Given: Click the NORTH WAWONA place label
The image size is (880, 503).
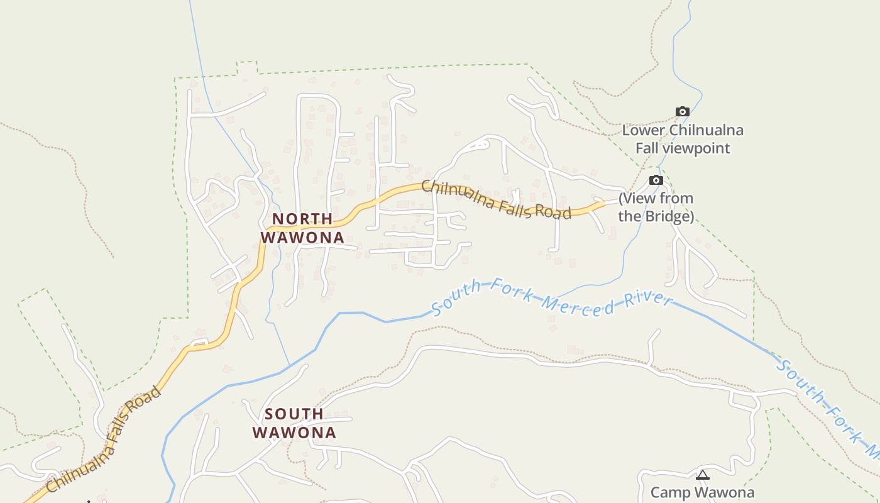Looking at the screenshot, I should coord(302,228).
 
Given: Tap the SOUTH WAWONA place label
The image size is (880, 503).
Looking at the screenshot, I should coord(294,423).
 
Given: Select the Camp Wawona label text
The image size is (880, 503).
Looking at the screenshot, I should coord(702,492).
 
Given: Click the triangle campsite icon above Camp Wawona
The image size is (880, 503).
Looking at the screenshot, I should coord(703,475).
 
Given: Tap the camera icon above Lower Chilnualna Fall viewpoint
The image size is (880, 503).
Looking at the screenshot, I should coord(682,112).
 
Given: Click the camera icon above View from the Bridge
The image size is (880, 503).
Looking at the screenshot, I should coord(656,180).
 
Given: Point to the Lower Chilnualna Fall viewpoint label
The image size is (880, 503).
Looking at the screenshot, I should coord(683,140).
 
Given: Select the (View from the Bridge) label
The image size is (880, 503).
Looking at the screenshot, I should coord(656,207).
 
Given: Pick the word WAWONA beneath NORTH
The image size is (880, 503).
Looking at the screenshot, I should coord(302,238).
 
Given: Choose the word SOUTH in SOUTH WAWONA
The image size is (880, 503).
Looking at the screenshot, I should coord(294,414).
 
